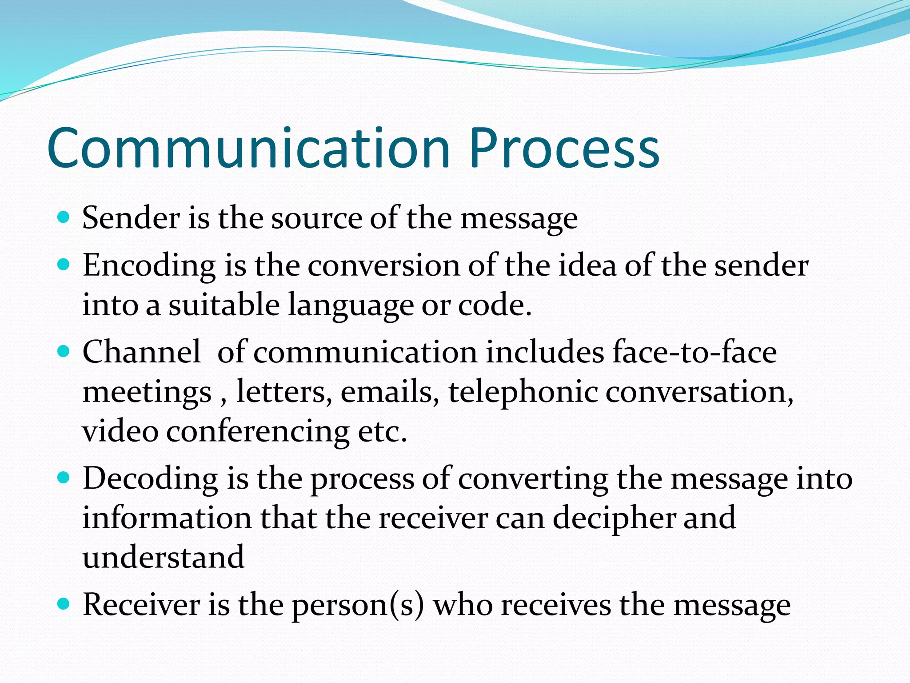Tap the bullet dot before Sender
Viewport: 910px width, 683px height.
[64, 217]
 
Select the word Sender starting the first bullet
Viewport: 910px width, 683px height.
[131, 218]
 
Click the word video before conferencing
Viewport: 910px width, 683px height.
[120, 431]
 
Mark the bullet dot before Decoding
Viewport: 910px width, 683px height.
[64, 478]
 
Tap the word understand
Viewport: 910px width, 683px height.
[164, 558]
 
